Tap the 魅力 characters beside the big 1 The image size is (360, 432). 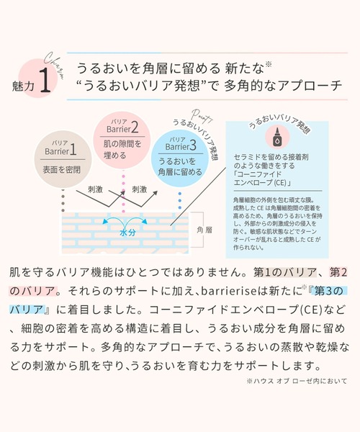point(21,86)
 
